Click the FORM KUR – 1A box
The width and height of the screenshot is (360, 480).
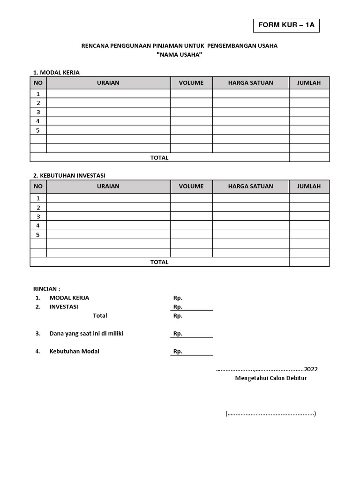[286, 26]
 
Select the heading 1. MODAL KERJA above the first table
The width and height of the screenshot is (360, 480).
[56, 72]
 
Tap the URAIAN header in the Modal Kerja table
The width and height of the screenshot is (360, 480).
[108, 83]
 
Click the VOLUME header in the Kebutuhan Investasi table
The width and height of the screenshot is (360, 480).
[191, 186]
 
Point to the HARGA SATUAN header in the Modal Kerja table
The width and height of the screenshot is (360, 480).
[250, 83]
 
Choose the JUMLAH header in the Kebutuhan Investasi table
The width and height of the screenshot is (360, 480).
[309, 186]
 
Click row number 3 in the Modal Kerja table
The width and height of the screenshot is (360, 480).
[38, 112]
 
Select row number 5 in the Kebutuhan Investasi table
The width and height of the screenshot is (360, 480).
[38, 235]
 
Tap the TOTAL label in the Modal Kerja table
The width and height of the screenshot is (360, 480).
[159, 157]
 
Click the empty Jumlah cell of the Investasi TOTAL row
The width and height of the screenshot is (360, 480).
[309, 262]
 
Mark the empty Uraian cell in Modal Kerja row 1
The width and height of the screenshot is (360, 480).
[108, 94]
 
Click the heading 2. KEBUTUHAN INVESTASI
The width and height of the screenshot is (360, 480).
[69, 175]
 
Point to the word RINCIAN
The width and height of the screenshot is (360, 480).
[46, 289]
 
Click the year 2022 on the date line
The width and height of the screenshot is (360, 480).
[311, 369]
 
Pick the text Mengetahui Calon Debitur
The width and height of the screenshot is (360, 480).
[271, 378]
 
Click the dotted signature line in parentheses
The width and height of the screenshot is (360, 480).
[271, 414]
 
